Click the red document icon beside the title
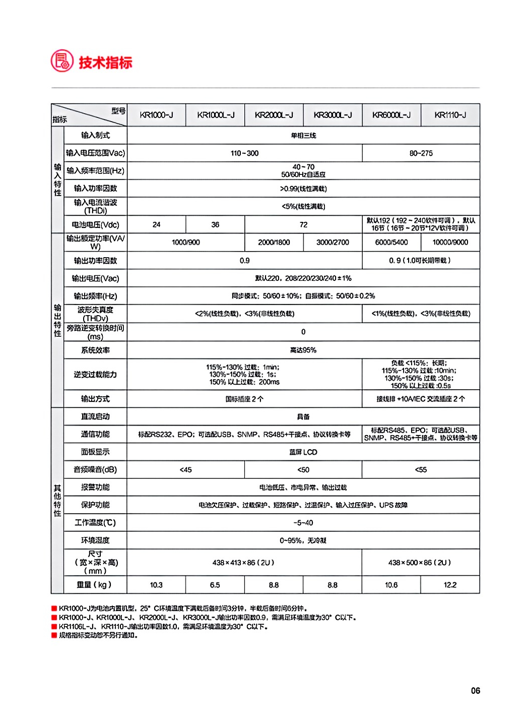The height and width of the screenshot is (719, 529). click(x=62, y=61)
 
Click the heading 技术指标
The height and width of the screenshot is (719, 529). click(x=105, y=63)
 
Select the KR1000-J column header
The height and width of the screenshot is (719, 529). click(x=156, y=115)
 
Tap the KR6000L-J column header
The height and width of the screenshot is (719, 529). click(x=391, y=115)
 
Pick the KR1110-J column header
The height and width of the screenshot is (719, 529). click(x=450, y=115)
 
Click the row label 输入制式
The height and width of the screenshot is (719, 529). click(x=95, y=135)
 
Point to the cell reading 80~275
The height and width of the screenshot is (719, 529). click(x=421, y=153)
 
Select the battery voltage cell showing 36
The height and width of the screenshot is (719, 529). click(x=215, y=224)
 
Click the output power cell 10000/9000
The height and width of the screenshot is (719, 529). click(x=450, y=243)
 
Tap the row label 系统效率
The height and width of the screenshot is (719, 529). click(x=95, y=350)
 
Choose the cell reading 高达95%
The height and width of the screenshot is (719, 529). click(x=303, y=350)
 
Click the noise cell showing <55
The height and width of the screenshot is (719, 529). click(x=421, y=469)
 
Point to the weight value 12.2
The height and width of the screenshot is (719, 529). click(x=450, y=585)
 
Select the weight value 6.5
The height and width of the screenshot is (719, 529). click(x=215, y=585)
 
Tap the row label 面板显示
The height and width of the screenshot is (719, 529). click(x=95, y=452)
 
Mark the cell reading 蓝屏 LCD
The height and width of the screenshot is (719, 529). click(x=303, y=452)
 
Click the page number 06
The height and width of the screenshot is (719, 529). click(x=475, y=691)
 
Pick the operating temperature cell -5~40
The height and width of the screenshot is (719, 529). click(x=303, y=523)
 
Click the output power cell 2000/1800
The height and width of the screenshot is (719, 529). click(x=274, y=243)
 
